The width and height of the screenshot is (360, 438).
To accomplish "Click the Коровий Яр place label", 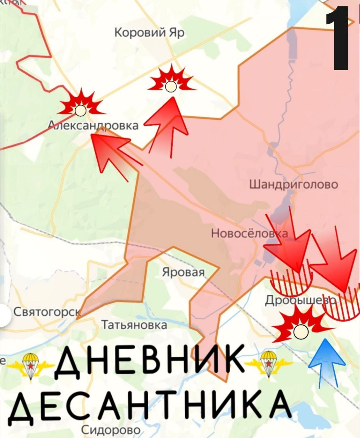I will click(149, 33).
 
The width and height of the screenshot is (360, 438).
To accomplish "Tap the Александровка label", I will click(93, 125).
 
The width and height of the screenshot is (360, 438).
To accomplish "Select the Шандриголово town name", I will click(293, 184).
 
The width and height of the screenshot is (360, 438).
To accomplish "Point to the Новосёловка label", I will click(249, 233).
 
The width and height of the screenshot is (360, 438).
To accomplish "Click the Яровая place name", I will click(183, 272).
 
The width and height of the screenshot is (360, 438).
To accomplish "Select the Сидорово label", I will click(111, 430).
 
